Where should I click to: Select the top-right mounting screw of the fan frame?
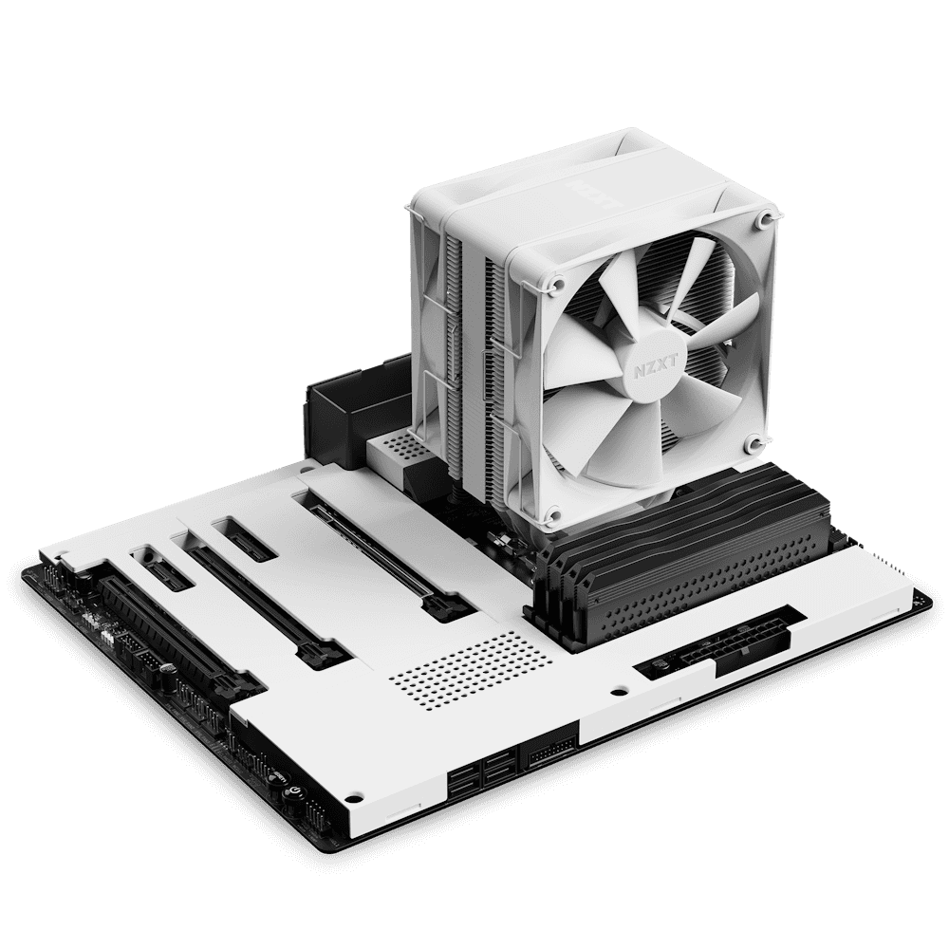pos(763,220)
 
